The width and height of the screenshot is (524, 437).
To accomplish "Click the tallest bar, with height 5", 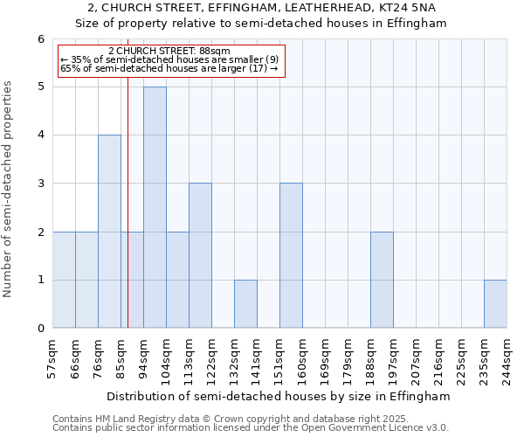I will pos(155,207).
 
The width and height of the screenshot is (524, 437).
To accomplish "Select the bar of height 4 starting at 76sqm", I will pos(109,232).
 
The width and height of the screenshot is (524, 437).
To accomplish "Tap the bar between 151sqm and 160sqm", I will pos(291,255).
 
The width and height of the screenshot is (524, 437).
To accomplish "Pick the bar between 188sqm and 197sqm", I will pos(382,280).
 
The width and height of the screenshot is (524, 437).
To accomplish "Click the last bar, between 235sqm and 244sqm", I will pos(495,304).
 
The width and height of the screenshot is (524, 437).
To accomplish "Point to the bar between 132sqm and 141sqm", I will pos(245,304).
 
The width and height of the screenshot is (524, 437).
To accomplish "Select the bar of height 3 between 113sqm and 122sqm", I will pos(200,255).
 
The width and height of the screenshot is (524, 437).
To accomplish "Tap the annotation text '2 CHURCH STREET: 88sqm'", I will pos(169,52).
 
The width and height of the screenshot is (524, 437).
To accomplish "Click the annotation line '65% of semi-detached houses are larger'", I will pos(169,68).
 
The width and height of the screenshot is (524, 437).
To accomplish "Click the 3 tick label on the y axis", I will pos(40,184).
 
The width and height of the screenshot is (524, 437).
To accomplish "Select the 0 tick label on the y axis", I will pos(40,329).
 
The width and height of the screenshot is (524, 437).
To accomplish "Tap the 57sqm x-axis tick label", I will pos(52,357).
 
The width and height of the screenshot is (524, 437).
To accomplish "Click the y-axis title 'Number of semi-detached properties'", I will pos(9,189).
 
